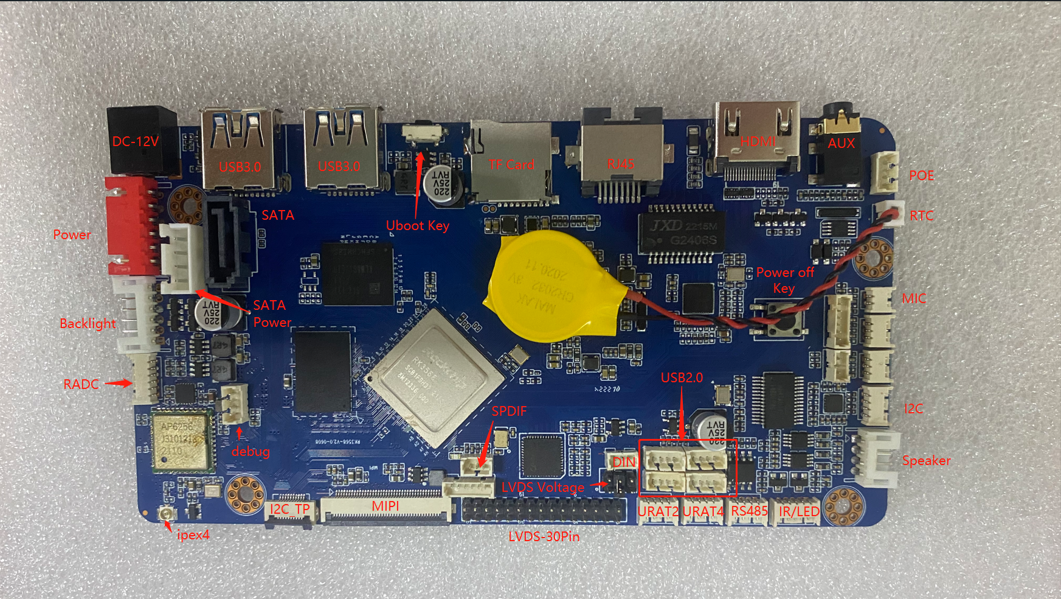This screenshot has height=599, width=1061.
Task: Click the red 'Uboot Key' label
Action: [418, 226]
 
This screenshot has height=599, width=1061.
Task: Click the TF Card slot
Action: [511, 162]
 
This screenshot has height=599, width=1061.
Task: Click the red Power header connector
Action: [131, 225]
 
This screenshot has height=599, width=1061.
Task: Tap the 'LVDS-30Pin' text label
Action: [544, 537]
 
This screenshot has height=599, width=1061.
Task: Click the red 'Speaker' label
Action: [926, 461]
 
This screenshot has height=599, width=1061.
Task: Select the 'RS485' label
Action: [749, 511]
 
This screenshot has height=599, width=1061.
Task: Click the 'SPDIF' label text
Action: [509, 412]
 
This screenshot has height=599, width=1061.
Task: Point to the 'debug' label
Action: [251, 452]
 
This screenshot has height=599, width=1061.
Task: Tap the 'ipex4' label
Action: [193, 535]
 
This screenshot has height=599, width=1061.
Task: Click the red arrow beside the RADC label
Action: [119, 384]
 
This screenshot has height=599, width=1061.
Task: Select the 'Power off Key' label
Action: [784, 280]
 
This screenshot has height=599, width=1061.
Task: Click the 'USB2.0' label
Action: [682, 378]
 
